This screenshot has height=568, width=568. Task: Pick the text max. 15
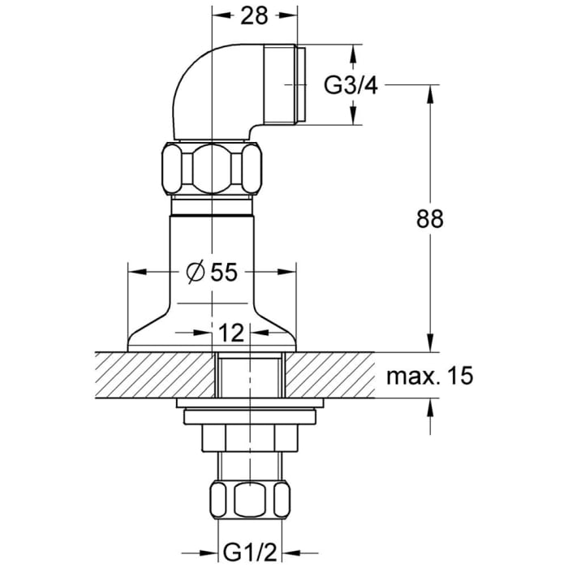click(x=428, y=376)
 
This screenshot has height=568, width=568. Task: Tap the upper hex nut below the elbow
click(x=213, y=169)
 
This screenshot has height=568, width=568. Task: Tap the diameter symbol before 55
click(x=195, y=273)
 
